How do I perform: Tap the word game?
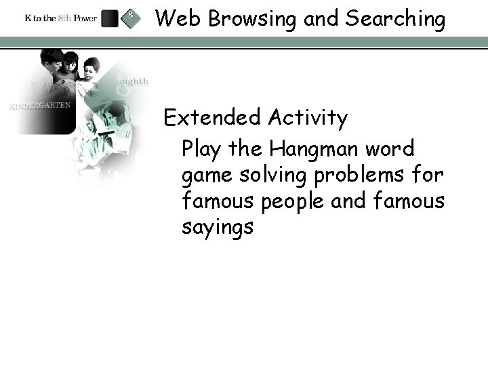click(x=205, y=176)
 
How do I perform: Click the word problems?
click(x=370, y=174)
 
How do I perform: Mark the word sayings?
click(x=218, y=228)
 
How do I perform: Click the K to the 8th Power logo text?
click(x=60, y=18)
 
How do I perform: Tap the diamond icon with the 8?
click(x=130, y=18)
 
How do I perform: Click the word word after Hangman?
click(x=390, y=148)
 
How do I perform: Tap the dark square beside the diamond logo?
click(x=110, y=18)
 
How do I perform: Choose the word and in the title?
click(x=321, y=19)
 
